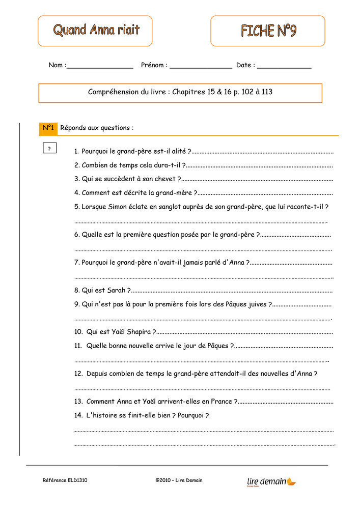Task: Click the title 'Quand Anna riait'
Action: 96,30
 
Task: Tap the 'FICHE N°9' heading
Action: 268,31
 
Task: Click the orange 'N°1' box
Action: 48,128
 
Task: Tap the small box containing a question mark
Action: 49,149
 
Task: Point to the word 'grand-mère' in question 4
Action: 174,193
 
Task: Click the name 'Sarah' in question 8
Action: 117,290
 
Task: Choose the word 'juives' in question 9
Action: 258,304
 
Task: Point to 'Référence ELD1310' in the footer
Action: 65,480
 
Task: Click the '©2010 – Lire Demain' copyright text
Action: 179,480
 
